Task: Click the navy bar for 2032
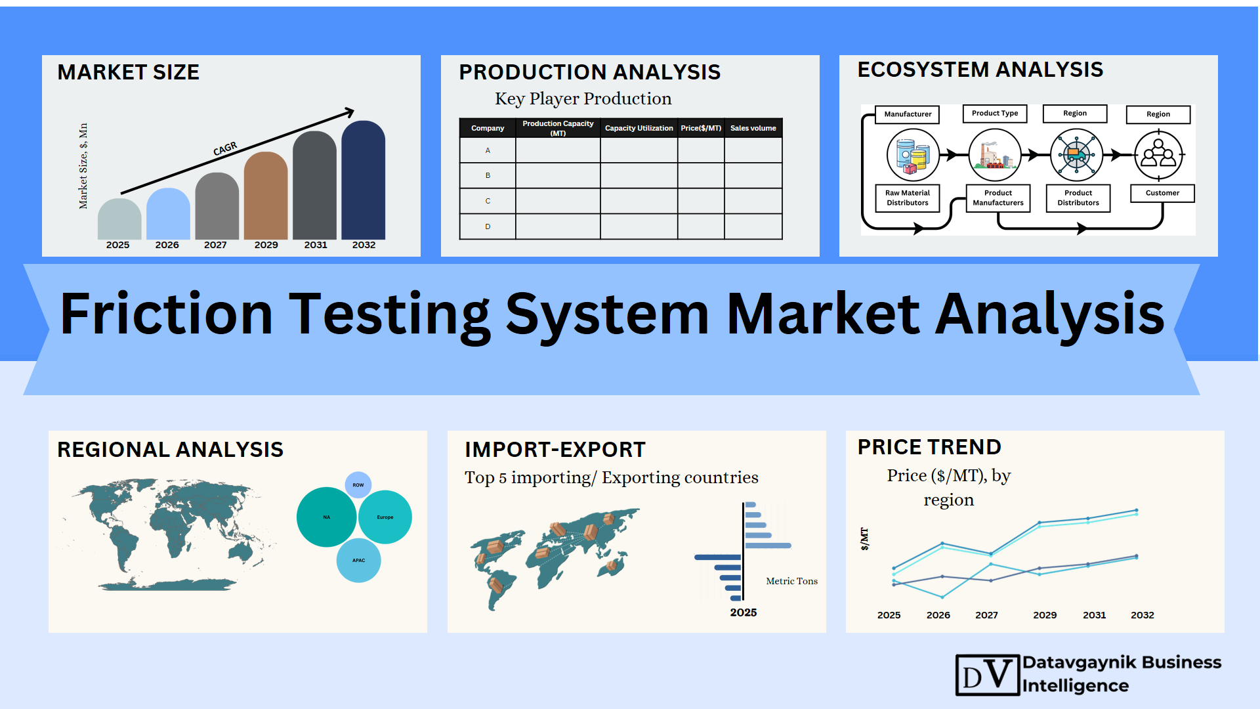[364, 180]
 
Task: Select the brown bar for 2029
[266, 196]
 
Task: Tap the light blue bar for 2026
[168, 213]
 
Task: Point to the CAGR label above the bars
[225, 149]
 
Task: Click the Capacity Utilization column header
[639, 128]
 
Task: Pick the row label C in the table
[488, 201]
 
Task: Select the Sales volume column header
[753, 128]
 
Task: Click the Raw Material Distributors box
[908, 198]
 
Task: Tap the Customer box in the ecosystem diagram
[1162, 193]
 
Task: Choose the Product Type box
[995, 114]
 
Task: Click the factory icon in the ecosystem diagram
[995, 156]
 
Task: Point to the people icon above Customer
[1158, 156]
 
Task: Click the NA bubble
[327, 517]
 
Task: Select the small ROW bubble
[358, 485]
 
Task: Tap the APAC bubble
[358, 561]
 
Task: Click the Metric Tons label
[792, 581]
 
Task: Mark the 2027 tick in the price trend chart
[986, 615]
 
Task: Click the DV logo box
[988, 675]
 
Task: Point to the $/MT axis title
[864, 539]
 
